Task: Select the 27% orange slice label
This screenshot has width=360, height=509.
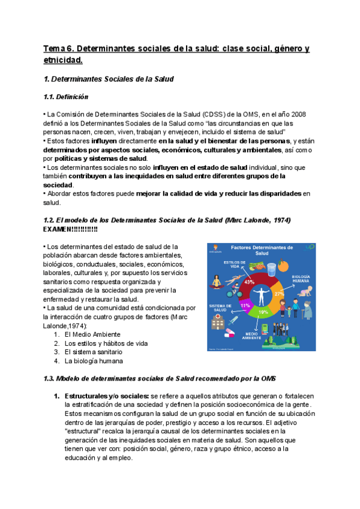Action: (278, 294)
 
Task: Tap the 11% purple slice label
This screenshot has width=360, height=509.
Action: (245, 305)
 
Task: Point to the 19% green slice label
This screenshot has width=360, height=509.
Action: (263, 312)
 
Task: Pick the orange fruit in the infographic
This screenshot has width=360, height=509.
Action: (282, 264)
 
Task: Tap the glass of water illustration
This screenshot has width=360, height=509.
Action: (271, 268)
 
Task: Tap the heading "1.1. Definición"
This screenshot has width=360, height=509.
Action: (66, 97)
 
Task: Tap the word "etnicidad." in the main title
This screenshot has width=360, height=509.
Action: (63, 60)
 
